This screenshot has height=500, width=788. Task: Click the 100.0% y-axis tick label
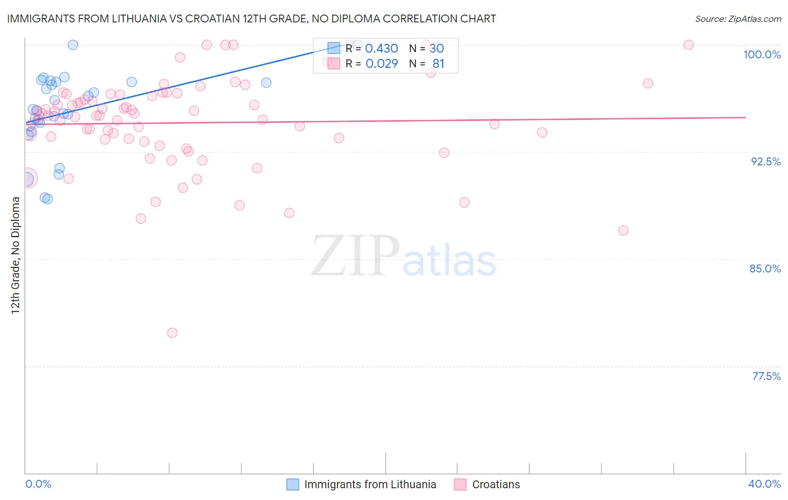762,54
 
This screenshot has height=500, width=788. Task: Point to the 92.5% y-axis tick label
766,161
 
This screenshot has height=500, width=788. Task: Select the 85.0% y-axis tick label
765,268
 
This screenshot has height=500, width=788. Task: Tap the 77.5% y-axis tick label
766,376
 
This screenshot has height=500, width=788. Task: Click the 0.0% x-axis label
38,484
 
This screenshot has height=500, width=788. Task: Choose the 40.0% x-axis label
764,484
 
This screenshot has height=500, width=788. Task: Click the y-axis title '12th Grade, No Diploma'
16,255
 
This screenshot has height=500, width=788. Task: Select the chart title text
251,18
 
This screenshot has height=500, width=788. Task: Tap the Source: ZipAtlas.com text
738,19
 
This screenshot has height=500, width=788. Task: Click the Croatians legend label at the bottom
496,484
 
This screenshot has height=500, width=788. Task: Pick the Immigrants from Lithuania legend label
370,484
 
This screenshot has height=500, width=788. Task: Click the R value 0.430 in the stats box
381,49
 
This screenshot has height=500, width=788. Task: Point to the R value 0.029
381,64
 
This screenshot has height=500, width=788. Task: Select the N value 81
438,64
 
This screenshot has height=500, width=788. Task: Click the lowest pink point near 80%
172,333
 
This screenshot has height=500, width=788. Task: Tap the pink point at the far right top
689,45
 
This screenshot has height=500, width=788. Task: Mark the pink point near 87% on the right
623,230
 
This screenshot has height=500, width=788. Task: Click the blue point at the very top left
73,45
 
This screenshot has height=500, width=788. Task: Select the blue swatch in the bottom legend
293,484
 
